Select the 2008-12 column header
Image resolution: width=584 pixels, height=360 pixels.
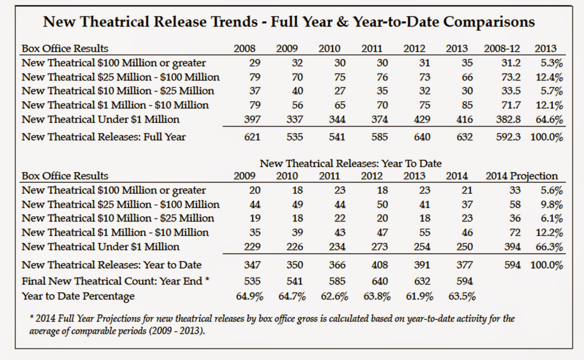click(502, 49)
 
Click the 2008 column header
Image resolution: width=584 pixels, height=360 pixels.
click(245, 49)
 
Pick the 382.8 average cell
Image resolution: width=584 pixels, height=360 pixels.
click(508, 119)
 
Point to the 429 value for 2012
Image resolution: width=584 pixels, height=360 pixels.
click(422, 119)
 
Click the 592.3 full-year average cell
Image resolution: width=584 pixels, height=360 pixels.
click(508, 137)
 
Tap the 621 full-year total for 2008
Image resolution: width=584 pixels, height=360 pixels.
click(252, 137)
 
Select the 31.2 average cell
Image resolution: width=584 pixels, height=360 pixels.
click(511, 63)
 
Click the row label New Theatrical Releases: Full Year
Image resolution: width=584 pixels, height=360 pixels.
click(104, 137)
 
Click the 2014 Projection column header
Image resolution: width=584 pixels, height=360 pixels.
click(522, 176)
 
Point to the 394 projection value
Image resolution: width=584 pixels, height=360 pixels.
click(512, 247)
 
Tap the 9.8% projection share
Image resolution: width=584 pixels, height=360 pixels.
click(552, 204)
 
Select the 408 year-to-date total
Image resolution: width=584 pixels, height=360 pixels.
click(380, 265)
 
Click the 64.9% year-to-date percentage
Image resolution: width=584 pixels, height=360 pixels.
click(250, 296)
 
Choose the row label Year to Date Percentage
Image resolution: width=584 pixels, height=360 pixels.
click(78, 296)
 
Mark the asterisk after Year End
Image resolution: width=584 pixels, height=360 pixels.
click(207, 279)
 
